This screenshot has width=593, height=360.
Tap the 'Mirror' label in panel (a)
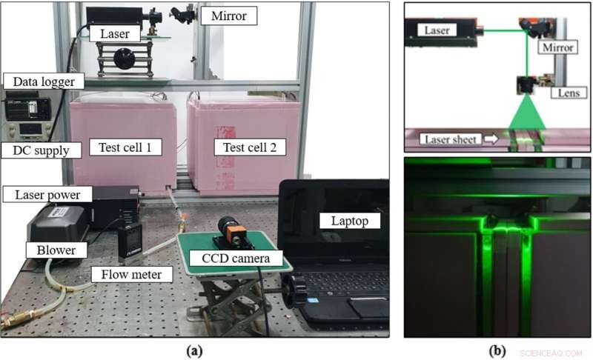click(232, 14)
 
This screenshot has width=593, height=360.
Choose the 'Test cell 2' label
click(244, 147)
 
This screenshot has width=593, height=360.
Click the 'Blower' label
click(56, 250)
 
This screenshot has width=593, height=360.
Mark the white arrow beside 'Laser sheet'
click(493, 138)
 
